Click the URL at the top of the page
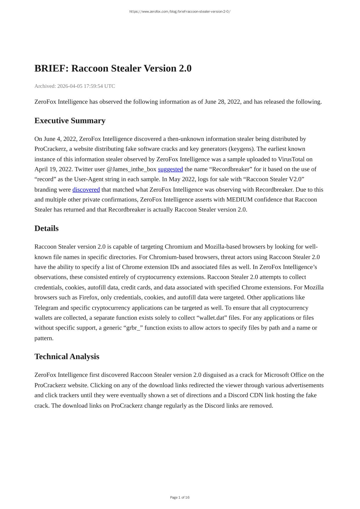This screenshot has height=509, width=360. click(x=180, y=12)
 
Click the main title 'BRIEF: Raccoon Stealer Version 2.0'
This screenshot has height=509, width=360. click(x=113, y=68)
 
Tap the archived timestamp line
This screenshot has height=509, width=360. click(x=74, y=86)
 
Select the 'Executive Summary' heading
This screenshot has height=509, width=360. click(x=70, y=121)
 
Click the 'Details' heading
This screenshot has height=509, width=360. click(x=46, y=228)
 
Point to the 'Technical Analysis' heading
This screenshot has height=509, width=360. click(x=67, y=357)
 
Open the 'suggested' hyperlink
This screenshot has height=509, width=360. click(x=170, y=169)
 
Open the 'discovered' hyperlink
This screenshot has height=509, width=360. click(x=86, y=190)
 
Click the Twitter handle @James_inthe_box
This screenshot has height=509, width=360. click(x=131, y=169)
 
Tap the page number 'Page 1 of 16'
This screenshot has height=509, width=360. click(x=180, y=497)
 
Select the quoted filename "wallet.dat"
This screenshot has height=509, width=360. click(x=212, y=318)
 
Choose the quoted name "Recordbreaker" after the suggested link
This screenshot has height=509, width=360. click(x=231, y=169)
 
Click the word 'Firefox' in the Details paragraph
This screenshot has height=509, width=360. click(x=88, y=297)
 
